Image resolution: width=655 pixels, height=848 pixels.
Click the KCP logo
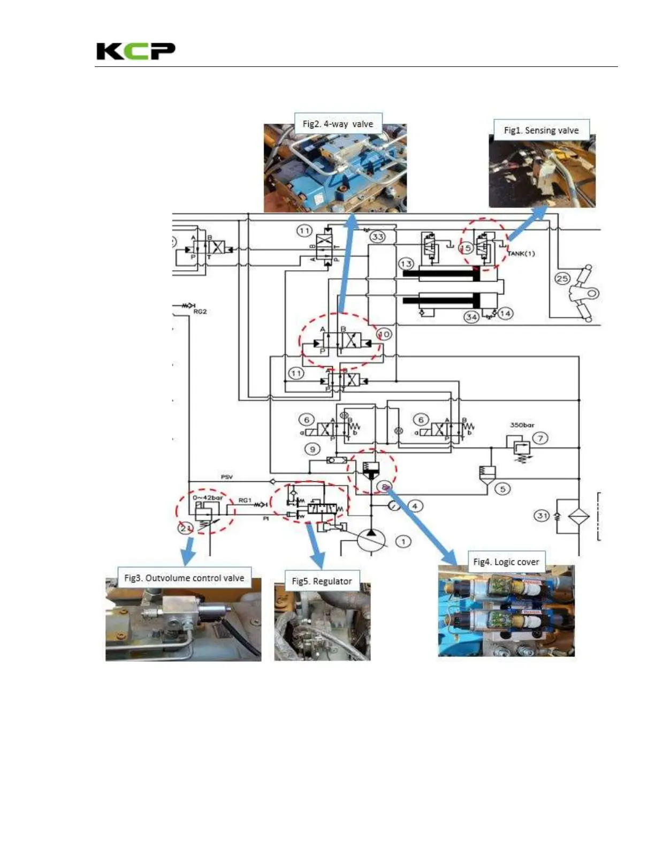click(135, 51)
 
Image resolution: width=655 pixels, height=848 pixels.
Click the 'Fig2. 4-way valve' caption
click(338, 124)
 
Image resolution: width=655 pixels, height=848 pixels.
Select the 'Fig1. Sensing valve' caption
click(541, 130)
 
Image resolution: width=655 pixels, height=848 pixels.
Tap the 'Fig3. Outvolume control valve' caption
click(184, 578)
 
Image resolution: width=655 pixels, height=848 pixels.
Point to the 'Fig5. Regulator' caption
click(322, 581)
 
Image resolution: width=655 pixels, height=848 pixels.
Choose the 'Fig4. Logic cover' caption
click(506, 562)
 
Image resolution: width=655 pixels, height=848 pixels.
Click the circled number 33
click(378, 237)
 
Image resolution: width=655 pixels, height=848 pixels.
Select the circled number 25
click(562, 278)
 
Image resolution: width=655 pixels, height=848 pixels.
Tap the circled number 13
click(406, 264)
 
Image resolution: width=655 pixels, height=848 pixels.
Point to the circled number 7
click(540, 438)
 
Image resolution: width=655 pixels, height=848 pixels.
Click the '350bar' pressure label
click(522, 425)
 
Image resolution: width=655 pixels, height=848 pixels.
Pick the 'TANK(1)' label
click(521, 254)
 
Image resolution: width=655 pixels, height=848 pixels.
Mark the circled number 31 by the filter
click(543, 516)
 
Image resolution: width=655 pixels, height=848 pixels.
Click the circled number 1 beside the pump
click(403, 541)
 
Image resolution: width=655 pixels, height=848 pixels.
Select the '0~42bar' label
click(208, 497)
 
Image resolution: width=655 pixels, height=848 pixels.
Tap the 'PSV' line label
click(227, 476)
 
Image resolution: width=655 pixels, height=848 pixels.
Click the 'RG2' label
click(200, 312)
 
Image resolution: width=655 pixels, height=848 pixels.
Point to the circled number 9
click(313, 449)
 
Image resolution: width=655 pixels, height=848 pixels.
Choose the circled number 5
click(502, 488)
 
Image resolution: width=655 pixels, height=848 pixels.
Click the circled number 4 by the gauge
click(414, 505)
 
